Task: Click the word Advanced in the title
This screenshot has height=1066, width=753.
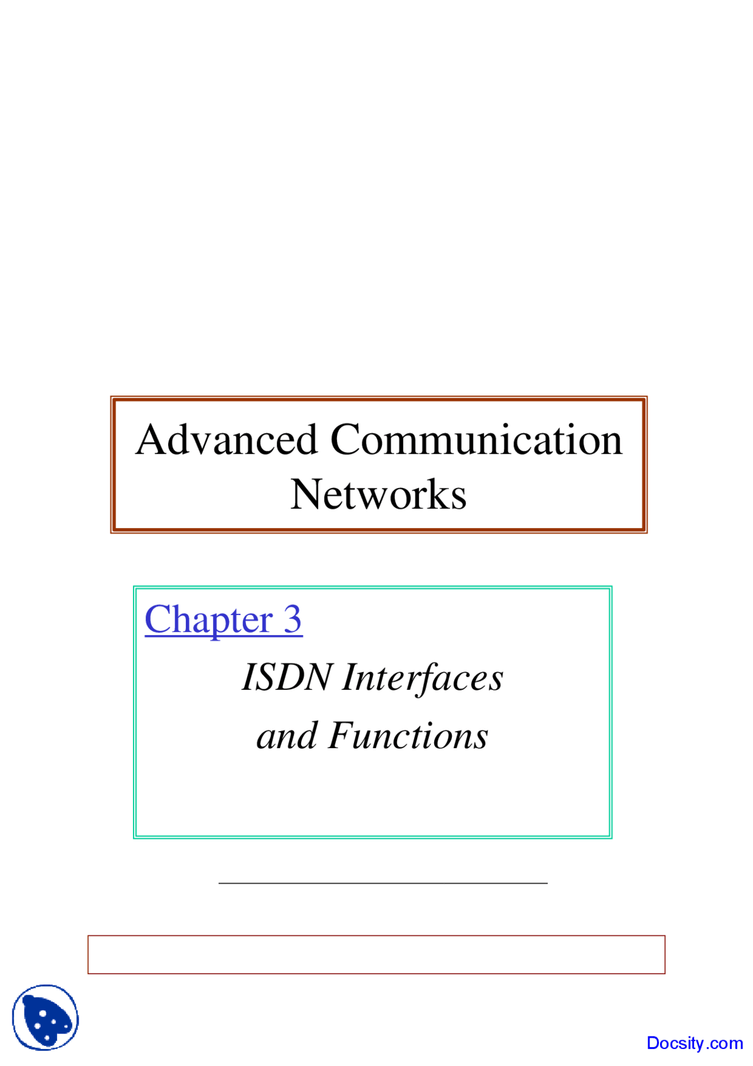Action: [227, 440]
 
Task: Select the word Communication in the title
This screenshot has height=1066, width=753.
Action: [476, 440]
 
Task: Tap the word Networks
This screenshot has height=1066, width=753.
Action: [378, 494]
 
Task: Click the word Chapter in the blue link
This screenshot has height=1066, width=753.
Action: [209, 620]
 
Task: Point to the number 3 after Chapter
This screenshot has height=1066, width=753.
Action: [293, 619]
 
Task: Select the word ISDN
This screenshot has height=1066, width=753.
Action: [287, 677]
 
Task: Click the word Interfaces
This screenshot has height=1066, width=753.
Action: [423, 677]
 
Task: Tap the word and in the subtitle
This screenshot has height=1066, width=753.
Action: [287, 736]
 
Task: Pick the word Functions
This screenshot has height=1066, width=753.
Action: [408, 736]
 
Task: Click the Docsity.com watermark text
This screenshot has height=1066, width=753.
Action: [694, 1043]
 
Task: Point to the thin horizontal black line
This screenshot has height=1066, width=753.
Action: [382, 883]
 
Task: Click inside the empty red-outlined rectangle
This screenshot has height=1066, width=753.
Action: [376, 955]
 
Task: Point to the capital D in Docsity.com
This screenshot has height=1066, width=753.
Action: [653, 1043]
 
